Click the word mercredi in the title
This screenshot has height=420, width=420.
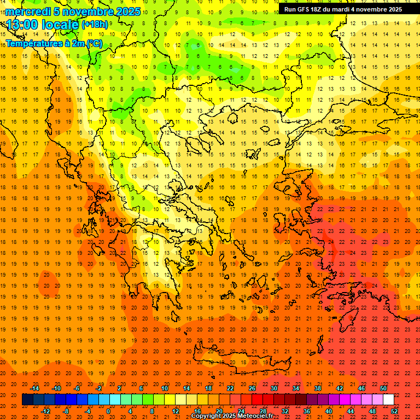click(x=28, y=11)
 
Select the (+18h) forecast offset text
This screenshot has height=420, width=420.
click(x=95, y=25)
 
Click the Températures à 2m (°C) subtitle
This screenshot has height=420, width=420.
click(x=54, y=43)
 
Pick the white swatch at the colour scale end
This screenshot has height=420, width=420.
click(x=388, y=400)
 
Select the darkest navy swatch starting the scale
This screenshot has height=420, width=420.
click(x=27, y=400)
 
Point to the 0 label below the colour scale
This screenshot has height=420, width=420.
click(x=108, y=411)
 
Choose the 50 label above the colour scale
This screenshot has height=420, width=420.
click(x=383, y=388)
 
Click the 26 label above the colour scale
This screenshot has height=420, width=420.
click(x=252, y=388)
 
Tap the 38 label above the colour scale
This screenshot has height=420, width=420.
click(x=318, y=388)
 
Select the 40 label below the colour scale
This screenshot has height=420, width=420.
click(x=329, y=411)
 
